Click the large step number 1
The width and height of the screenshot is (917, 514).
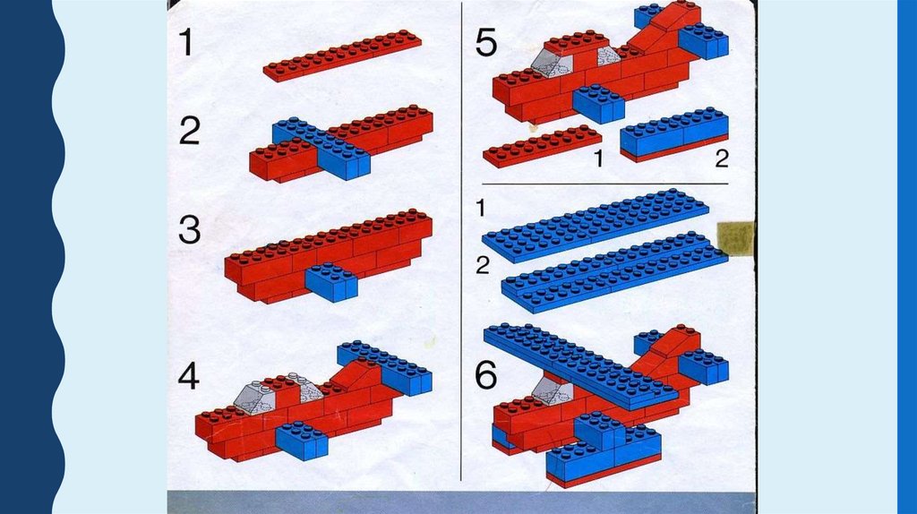pos(186,43)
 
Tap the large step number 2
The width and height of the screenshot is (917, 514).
pos(190,131)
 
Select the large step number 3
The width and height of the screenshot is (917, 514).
pos(190,230)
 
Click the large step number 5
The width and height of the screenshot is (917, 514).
pos(486,43)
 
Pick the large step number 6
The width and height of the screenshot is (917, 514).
pos(486,375)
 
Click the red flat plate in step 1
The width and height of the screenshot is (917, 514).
pos(342,55)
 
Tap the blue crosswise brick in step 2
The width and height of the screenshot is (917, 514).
pos(321,148)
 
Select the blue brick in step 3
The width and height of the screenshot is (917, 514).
pos(331,281)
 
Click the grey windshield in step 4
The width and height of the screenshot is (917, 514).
pos(255,397)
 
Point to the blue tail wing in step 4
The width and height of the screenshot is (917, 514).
pos(385,367)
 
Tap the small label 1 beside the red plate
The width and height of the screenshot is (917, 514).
pos(597,158)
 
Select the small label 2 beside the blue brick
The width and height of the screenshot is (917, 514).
pos(722,158)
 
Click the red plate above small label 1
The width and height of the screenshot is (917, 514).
pos(542,146)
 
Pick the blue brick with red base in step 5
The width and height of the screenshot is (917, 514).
pos(674,134)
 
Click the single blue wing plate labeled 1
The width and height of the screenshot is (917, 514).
pos(596,225)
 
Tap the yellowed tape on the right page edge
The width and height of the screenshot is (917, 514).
pos(736,238)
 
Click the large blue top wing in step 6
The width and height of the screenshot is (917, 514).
pos(580,364)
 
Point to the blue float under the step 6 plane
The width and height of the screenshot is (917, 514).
pos(604,454)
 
